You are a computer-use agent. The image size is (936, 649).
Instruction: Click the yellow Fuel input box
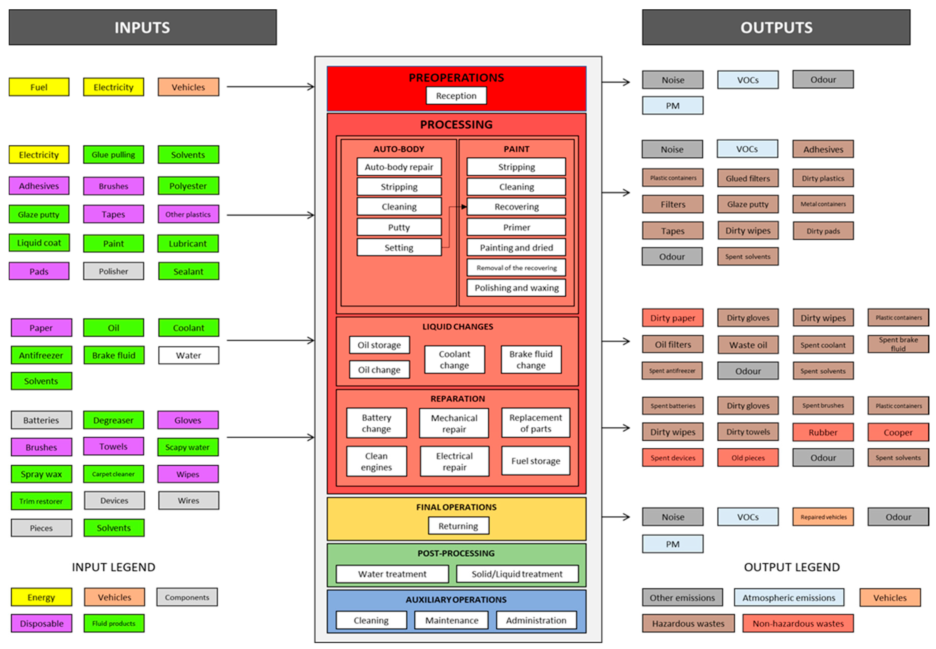(39, 87)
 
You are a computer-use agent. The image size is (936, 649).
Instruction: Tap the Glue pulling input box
(114, 155)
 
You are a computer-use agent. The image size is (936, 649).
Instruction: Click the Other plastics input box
(188, 214)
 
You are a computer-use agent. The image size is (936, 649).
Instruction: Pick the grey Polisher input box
(114, 271)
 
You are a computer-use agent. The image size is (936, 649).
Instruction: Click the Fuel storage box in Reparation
(536, 461)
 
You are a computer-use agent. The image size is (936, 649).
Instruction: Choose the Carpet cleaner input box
(114, 474)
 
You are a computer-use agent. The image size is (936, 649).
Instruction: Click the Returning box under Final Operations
(458, 526)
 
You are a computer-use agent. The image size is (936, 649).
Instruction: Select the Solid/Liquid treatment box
(517, 574)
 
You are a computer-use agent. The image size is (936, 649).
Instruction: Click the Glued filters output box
(747, 178)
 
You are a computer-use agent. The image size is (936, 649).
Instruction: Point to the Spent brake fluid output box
(898, 344)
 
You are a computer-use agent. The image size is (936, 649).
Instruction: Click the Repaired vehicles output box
(823, 517)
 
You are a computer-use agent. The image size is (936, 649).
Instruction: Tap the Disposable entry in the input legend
(41, 623)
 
